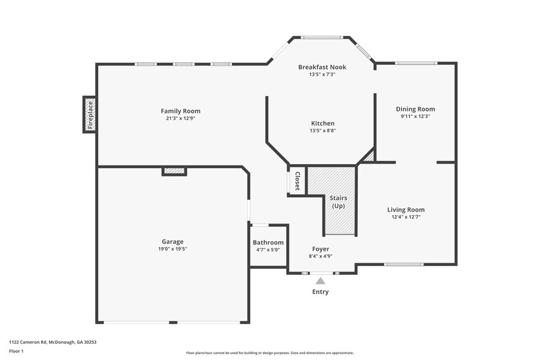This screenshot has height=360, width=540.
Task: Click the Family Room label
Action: click(180, 111)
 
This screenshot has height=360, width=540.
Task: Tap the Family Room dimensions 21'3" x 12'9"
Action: click(180, 118)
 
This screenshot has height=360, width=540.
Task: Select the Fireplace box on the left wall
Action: click(89, 115)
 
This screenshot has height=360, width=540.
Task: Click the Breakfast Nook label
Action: click(322, 67)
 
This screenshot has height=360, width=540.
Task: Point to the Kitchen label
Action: click(322, 123)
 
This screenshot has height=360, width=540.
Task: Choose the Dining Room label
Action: click(415, 109)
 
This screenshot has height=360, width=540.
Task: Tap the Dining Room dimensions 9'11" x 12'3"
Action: click(415, 116)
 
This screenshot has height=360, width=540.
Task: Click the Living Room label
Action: click(406, 209)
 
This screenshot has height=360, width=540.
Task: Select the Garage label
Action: click(172, 241)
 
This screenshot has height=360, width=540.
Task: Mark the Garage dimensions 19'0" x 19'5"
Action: click(172, 249)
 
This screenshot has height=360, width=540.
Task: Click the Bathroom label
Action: click(268, 242)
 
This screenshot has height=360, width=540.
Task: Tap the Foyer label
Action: click(321, 249)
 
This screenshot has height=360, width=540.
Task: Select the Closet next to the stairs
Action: click(297, 180)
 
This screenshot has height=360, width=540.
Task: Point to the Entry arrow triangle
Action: click(321, 280)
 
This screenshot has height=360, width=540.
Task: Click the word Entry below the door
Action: click(321, 292)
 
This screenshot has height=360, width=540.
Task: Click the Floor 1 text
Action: click(17, 351)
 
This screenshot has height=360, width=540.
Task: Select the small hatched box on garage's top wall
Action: click(174, 172)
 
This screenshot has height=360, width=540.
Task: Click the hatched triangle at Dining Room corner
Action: click(369, 157)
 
